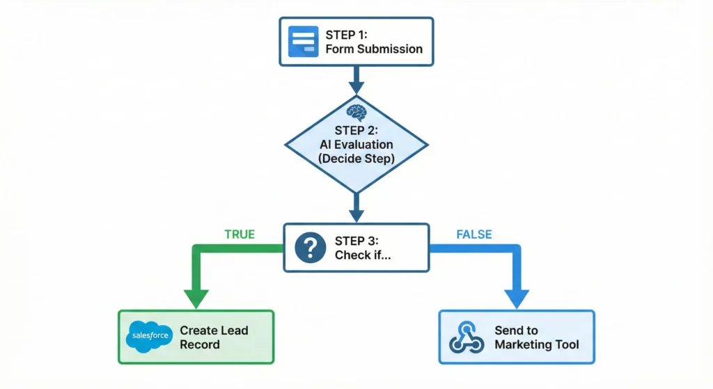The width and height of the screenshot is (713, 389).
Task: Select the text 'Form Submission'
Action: (374, 49)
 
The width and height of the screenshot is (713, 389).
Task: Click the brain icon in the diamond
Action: (356, 111)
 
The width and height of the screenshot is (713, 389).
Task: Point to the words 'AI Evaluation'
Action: (356, 144)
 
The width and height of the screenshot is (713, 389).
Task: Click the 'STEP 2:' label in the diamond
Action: (356, 130)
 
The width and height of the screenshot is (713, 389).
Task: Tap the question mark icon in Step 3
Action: (311, 248)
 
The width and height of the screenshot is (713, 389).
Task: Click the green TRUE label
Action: (240, 235)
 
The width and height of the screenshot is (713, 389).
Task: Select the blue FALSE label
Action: (474, 235)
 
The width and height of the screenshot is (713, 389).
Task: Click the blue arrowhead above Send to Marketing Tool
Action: (516, 299)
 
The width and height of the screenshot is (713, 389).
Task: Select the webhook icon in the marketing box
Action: (465, 338)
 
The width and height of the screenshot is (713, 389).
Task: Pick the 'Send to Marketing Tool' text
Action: (536, 338)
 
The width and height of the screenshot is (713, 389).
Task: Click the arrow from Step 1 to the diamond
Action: (356, 79)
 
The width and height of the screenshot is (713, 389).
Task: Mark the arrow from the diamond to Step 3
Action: (356, 207)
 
